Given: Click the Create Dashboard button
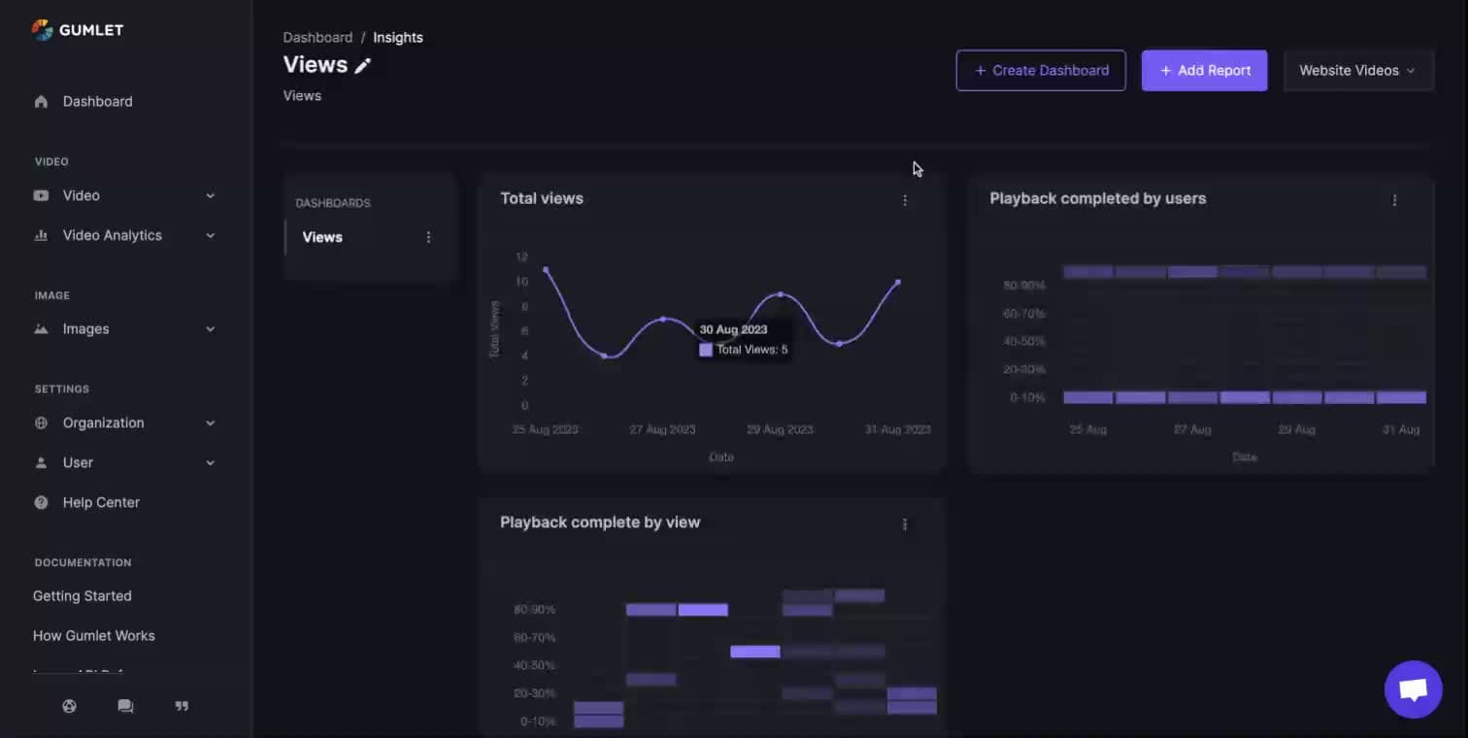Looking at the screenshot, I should (x=1041, y=71).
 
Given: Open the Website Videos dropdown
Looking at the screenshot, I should (x=1357, y=71).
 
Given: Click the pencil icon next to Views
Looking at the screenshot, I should (x=363, y=66).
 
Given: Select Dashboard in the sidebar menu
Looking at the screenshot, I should (x=97, y=101).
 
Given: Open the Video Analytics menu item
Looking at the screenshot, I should (x=112, y=235).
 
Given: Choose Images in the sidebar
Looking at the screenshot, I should (x=85, y=329).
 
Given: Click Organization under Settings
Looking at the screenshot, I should (x=103, y=422).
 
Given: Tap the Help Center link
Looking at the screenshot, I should (x=101, y=502).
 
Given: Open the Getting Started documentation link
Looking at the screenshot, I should (x=83, y=596).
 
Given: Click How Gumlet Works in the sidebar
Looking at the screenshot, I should (x=94, y=636).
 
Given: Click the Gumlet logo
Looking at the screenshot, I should (x=78, y=30).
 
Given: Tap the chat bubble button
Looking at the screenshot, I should (x=1413, y=689).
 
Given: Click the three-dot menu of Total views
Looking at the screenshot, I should (x=905, y=200).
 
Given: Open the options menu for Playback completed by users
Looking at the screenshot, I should (x=1394, y=200).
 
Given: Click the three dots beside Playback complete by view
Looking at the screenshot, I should (x=905, y=524).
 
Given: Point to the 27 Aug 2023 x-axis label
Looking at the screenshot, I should (x=662, y=429).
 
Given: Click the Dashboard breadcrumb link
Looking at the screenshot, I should (x=317, y=38).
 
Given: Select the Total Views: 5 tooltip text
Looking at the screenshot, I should (x=751, y=350).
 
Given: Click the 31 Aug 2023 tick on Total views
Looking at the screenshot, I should (x=897, y=429).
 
